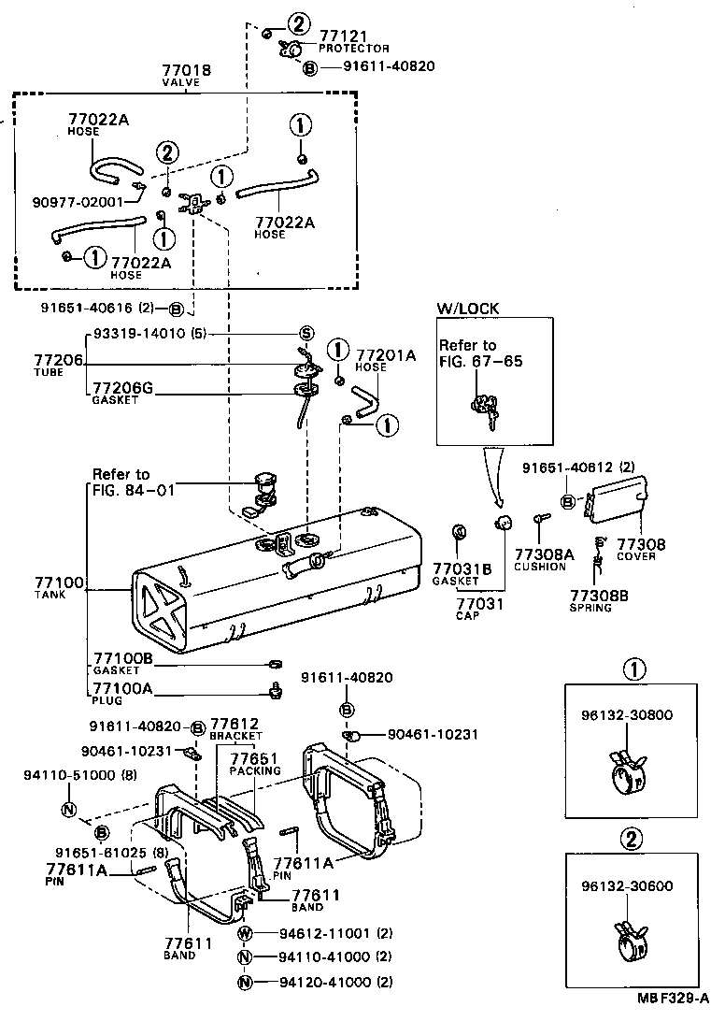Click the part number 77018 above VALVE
click(186, 70)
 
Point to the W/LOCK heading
click(467, 308)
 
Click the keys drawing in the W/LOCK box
click(486, 411)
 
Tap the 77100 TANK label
click(58, 586)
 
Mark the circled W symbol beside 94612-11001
click(245, 934)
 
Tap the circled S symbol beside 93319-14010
click(306, 335)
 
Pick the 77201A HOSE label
click(385, 360)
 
